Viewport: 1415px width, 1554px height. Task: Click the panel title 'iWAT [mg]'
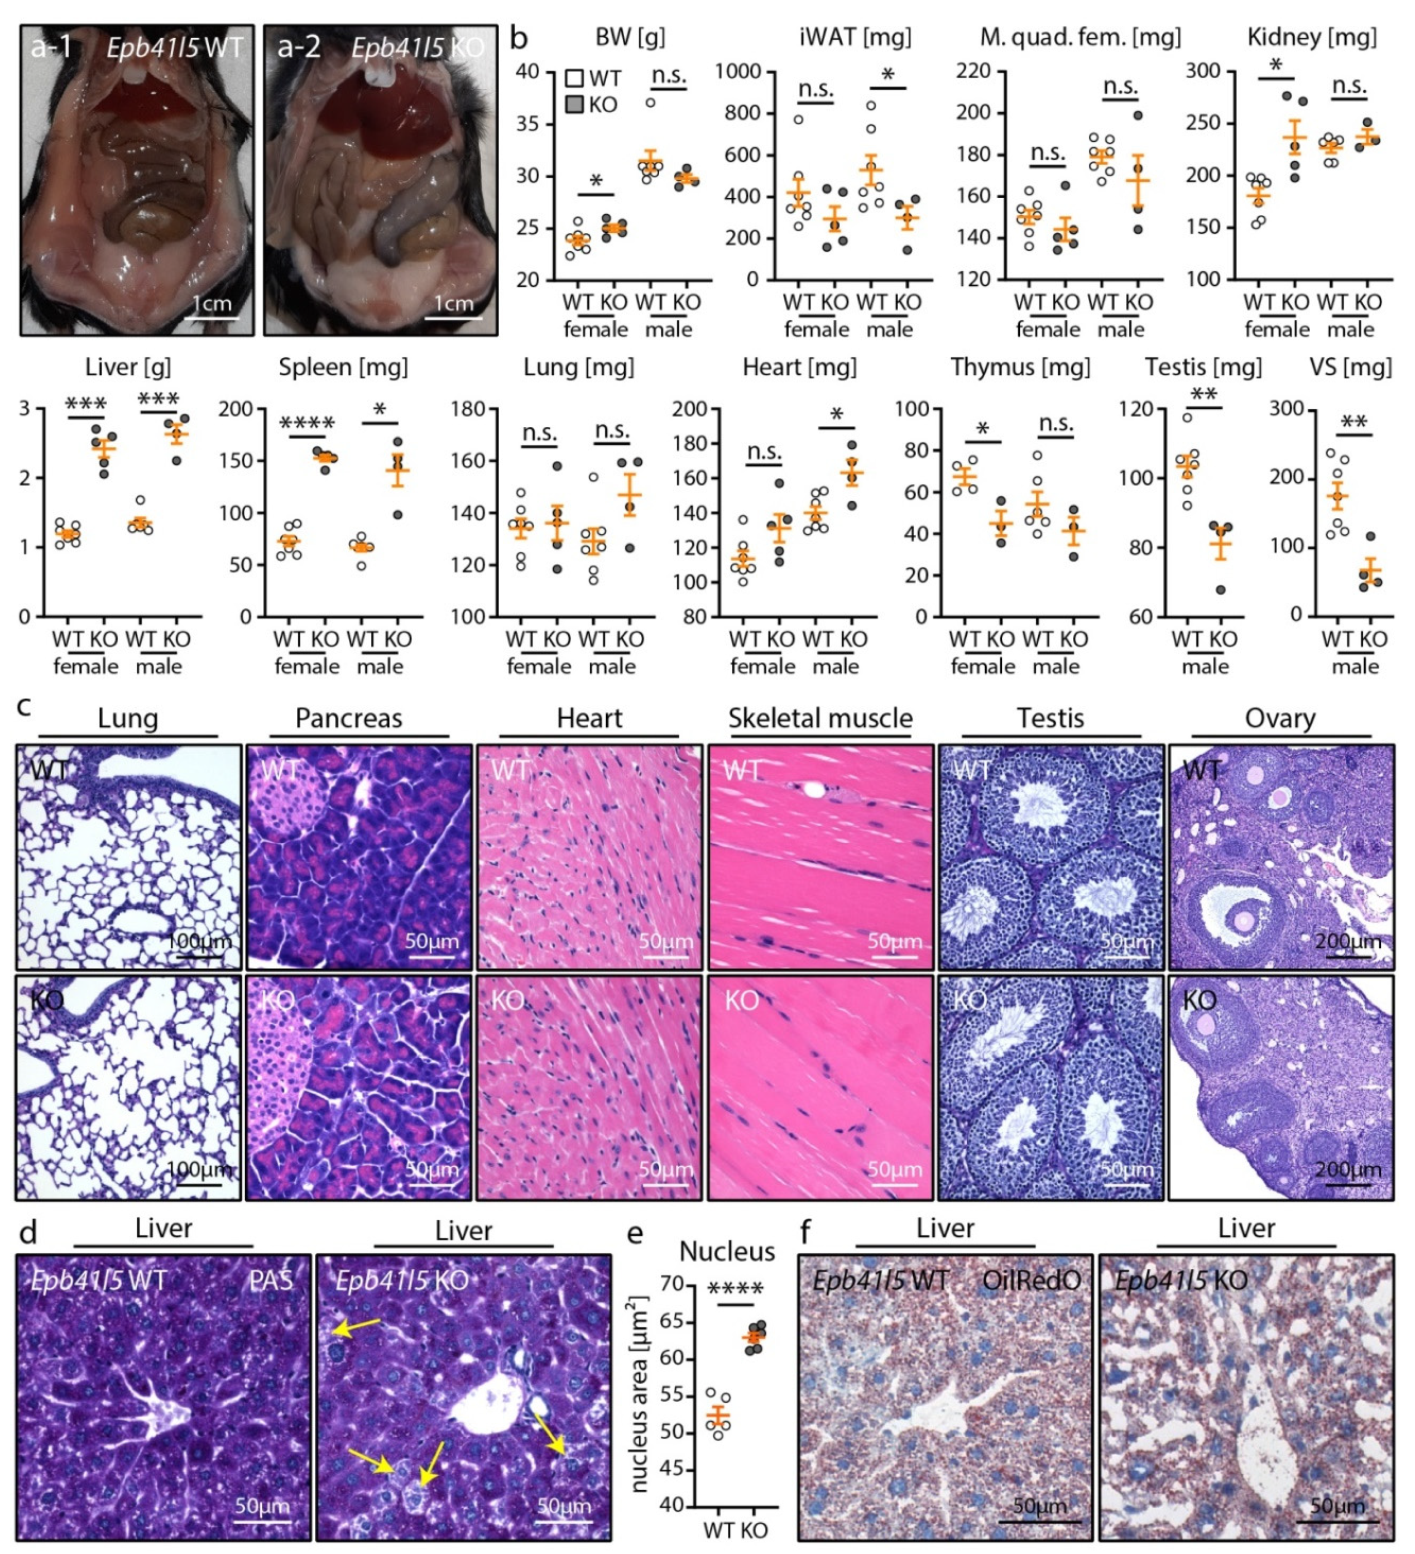pyautogui.click(x=855, y=37)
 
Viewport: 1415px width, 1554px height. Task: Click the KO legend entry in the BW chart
pyautogui.click(x=593, y=105)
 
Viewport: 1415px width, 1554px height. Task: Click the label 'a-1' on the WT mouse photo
pyautogui.click(x=52, y=48)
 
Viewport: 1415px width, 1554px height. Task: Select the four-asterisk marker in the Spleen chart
pyautogui.click(x=307, y=423)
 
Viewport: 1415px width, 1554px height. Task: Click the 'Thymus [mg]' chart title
pyautogui.click(x=1020, y=367)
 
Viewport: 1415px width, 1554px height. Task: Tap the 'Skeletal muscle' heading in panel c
pyautogui.click(x=820, y=718)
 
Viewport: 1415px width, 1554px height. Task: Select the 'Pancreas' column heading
pyautogui.click(x=348, y=718)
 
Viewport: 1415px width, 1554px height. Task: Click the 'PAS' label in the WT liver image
pyautogui.click(x=271, y=1280)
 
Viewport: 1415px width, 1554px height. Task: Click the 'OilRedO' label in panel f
pyautogui.click(x=1031, y=1280)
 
